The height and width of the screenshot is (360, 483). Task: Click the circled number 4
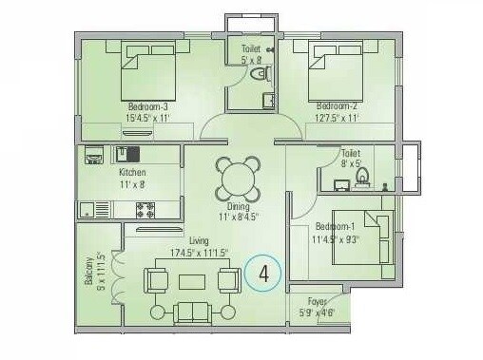[x=263, y=275]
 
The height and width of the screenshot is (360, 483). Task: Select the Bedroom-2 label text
[x=336, y=105]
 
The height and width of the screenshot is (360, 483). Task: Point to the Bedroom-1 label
[x=336, y=226]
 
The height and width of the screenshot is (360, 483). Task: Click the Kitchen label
[x=132, y=173]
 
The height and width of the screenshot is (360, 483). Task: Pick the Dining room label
[x=238, y=206]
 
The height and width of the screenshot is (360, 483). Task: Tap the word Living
[x=199, y=241]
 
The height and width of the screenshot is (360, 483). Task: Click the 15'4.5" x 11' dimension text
[x=146, y=119]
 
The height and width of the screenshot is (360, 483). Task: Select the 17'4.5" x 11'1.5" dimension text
[x=201, y=253]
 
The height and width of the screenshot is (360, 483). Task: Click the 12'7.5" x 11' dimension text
[x=335, y=119]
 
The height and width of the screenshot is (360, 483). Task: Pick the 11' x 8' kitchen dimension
[x=132, y=185]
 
